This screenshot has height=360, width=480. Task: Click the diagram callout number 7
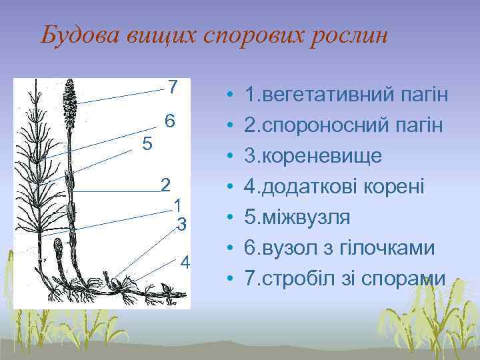coord(173,87)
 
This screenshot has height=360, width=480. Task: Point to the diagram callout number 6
coord(170,121)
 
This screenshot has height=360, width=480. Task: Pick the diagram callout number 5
coord(147,143)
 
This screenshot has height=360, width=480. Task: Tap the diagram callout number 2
coord(166,185)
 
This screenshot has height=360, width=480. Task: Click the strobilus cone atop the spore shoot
coord(71,99)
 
